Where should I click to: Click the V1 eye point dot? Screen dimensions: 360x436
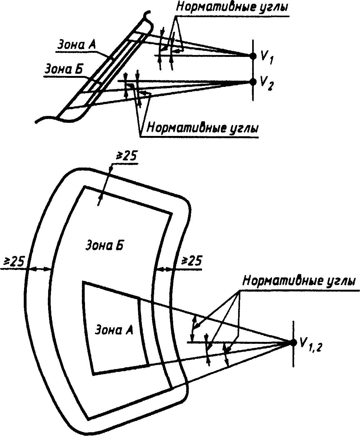pos(253,56)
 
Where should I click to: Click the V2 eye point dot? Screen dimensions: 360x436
pos(253,82)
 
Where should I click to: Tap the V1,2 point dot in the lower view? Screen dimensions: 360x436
pos(293,343)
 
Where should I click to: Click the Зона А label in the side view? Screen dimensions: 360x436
pos(77,44)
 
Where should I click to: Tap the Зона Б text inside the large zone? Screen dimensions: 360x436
pos(105,245)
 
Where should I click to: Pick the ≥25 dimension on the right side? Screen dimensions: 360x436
pos(192,260)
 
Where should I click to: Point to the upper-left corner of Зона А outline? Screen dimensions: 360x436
pos(83,282)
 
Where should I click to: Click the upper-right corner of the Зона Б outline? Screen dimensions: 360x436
pos(172,213)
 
